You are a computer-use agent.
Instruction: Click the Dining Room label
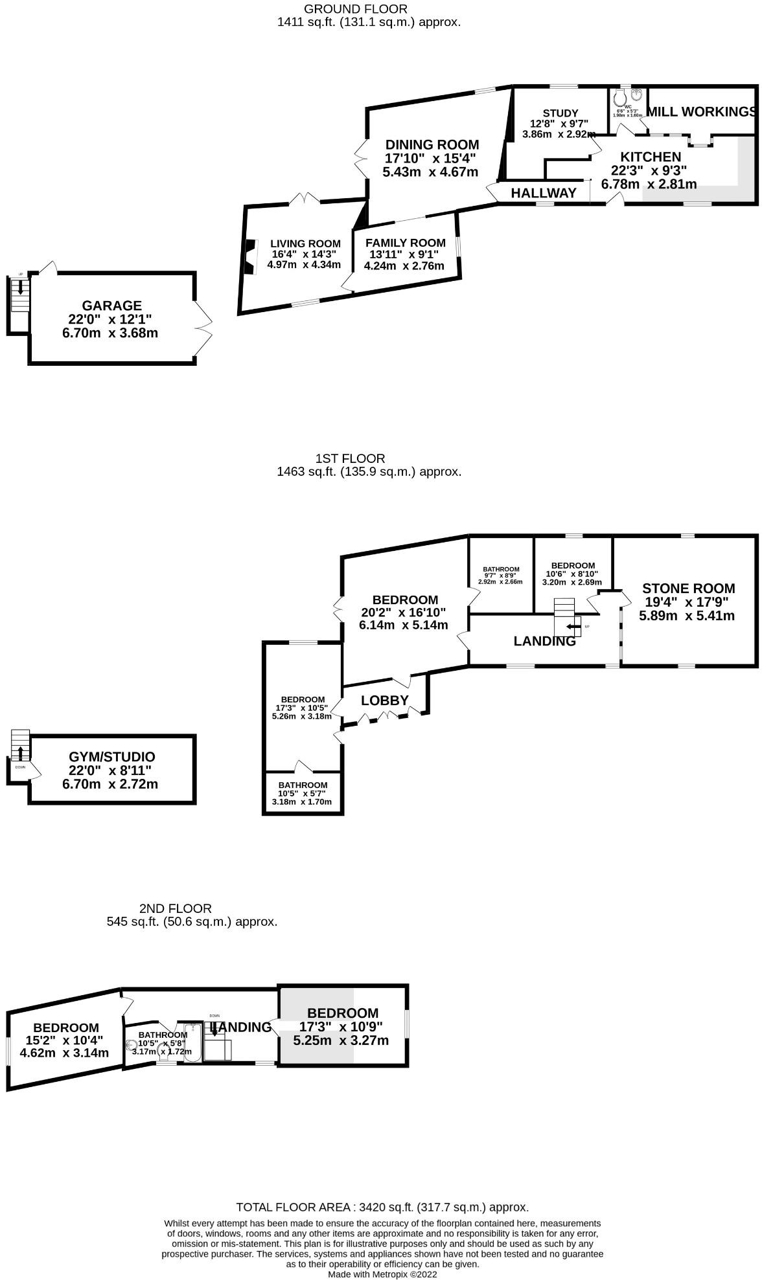point(432,145)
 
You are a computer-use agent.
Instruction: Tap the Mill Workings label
point(702,112)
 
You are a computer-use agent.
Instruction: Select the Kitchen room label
point(651,157)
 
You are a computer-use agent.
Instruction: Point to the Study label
point(560,113)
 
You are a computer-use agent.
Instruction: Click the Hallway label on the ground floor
point(544,193)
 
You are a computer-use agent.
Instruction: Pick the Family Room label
point(405,243)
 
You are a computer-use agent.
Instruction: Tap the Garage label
point(111,306)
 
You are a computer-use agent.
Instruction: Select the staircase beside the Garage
point(20,295)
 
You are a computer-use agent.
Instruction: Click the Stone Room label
point(688,589)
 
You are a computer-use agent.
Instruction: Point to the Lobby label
point(385,700)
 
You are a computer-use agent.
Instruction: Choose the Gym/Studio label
point(111,757)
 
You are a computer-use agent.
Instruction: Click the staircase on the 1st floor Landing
point(565,617)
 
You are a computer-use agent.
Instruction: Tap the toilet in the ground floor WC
point(620,98)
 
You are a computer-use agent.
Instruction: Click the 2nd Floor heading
point(175,908)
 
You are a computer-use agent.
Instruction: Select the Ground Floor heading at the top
point(356,9)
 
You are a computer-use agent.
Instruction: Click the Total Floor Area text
point(382,1207)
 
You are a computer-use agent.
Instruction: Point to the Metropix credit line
point(382,1274)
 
